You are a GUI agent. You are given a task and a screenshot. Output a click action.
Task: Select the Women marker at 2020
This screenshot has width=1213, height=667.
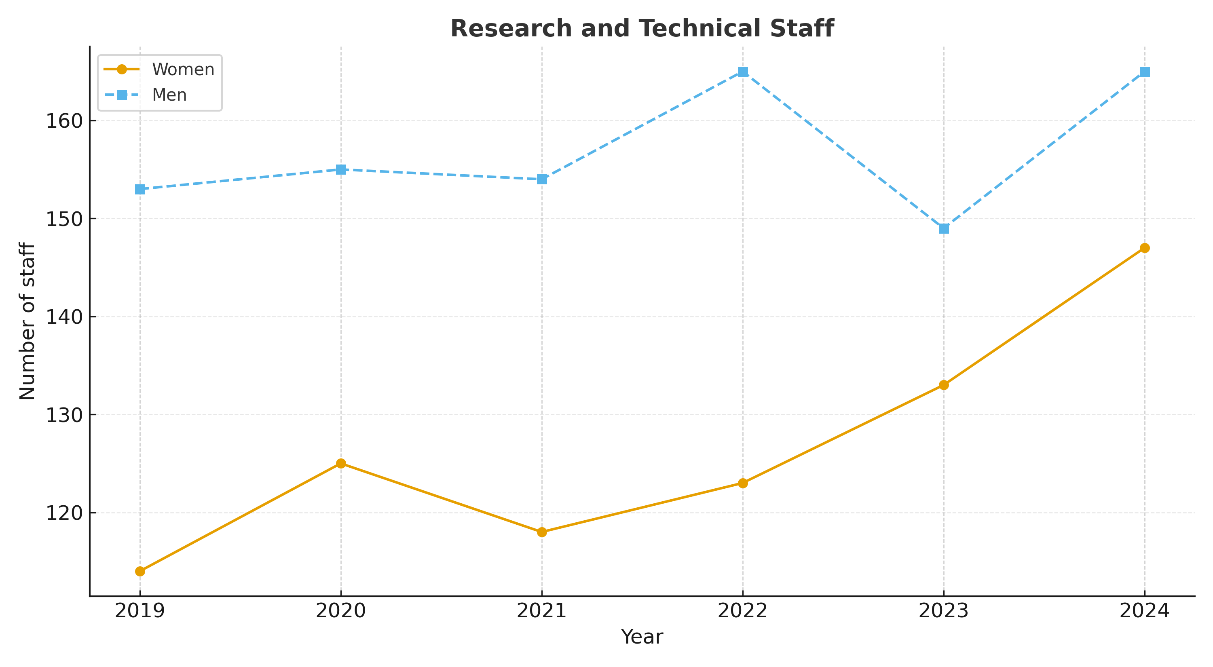[x=341, y=464]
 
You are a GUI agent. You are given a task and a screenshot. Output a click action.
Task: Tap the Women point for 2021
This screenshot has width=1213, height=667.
[x=542, y=532]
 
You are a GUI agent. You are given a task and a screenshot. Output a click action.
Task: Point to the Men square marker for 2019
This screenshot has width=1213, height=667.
[x=140, y=189]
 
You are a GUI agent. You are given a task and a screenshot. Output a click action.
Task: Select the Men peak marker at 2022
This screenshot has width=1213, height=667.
[x=743, y=72]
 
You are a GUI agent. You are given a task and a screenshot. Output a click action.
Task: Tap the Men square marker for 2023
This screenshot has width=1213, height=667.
[x=944, y=229]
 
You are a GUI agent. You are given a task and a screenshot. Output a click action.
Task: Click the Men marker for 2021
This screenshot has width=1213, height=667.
[x=542, y=179]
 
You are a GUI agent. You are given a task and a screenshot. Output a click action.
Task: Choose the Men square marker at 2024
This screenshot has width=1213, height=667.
[x=1145, y=72]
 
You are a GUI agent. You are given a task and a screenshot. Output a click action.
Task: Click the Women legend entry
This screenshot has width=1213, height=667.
[x=183, y=70]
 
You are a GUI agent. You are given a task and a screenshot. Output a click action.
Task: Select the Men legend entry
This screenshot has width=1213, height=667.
[x=169, y=95]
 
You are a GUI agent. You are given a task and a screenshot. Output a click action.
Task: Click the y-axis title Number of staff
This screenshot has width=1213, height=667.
[x=27, y=321]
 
